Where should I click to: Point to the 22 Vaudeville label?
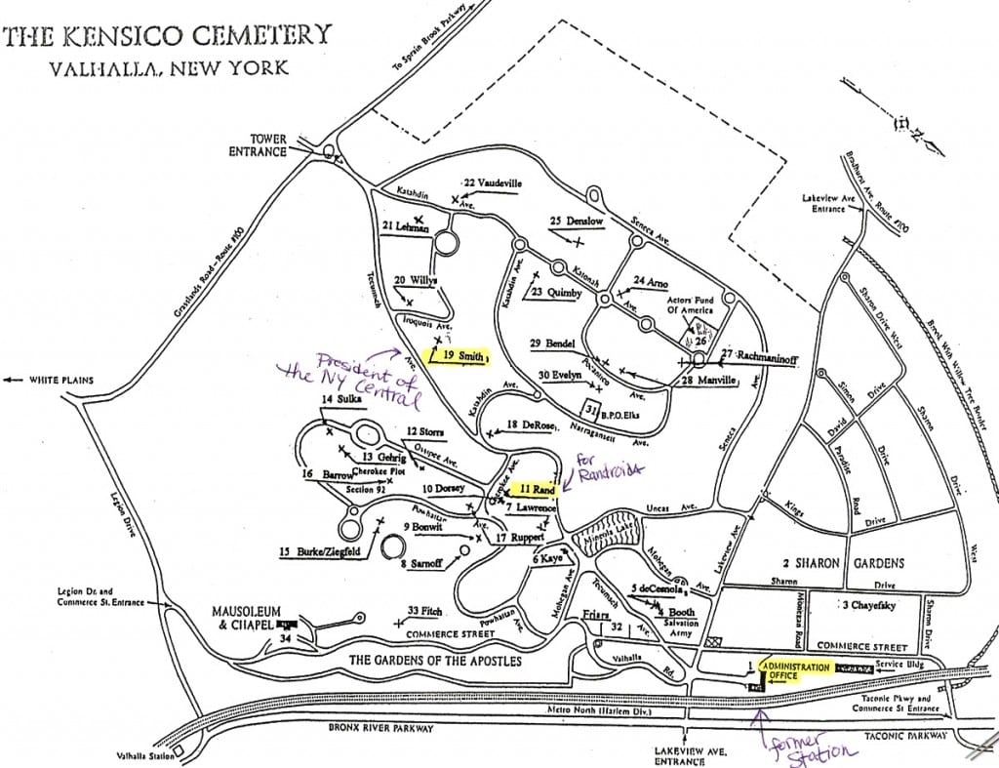coord(493,182)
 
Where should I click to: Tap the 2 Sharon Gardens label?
coord(843,563)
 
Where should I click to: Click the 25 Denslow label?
coord(577,222)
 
